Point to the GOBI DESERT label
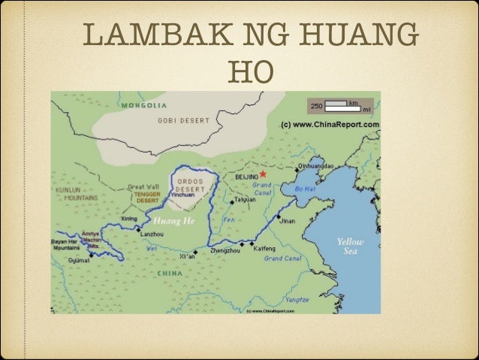[x=179, y=120]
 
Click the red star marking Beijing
[x=263, y=173]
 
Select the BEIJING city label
[x=245, y=175]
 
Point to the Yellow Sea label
[x=350, y=247]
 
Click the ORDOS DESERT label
[x=190, y=185]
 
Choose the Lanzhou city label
[x=153, y=234]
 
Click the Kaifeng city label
[x=265, y=248]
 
